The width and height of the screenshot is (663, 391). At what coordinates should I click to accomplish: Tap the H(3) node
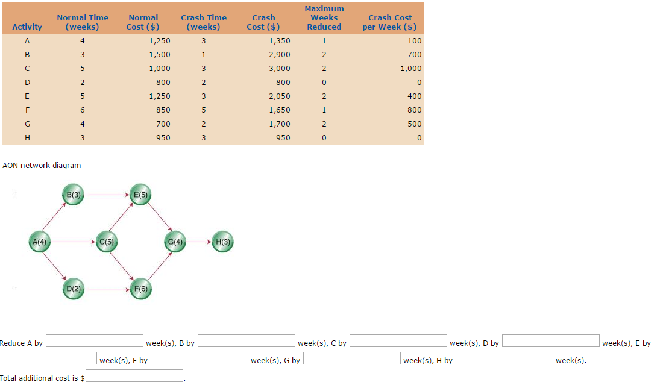click(x=222, y=242)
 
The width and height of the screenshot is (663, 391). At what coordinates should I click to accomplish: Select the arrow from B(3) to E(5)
click(x=106, y=195)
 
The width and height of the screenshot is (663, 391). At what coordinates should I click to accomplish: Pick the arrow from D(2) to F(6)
click(x=106, y=289)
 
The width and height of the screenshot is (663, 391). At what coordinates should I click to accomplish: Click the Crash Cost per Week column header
click(x=389, y=22)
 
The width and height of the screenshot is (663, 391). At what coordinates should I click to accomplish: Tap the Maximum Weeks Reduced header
click(x=324, y=17)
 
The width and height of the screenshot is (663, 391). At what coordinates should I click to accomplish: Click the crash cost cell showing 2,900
click(x=280, y=55)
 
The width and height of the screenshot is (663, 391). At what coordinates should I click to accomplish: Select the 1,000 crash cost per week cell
click(x=410, y=69)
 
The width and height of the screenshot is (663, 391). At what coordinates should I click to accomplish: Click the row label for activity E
click(x=27, y=96)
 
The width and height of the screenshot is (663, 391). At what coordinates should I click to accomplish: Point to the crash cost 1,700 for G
click(x=280, y=124)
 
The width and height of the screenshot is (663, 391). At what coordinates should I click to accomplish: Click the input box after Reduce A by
click(x=95, y=342)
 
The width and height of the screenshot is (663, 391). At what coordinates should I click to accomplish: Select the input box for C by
click(x=398, y=342)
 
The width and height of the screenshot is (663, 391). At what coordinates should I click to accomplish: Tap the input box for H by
click(x=504, y=359)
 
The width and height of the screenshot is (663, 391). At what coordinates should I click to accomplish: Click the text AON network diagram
click(x=42, y=165)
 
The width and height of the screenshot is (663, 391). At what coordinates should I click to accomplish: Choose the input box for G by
click(x=351, y=359)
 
